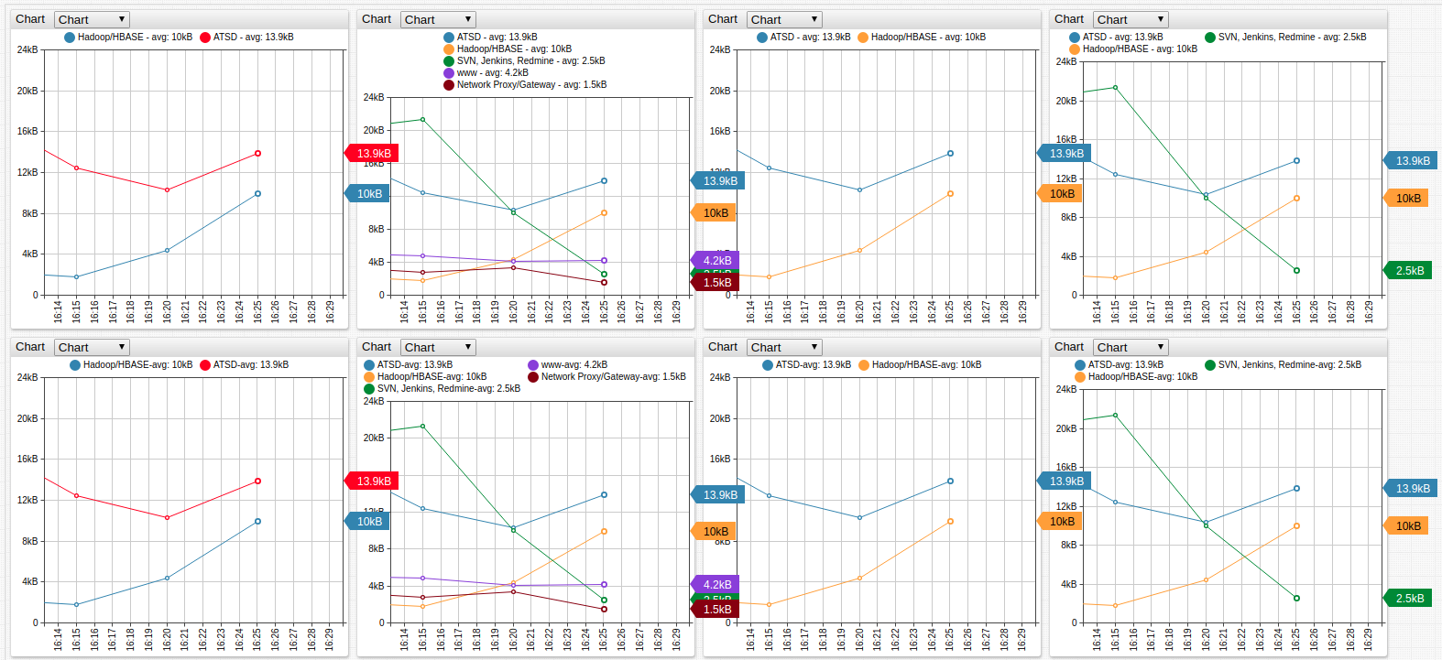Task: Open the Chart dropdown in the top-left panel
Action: click(92, 19)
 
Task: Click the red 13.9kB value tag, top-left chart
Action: click(373, 154)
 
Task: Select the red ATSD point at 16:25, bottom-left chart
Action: click(257, 481)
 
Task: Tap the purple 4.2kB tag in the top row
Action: click(716, 261)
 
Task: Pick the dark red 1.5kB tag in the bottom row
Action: click(716, 610)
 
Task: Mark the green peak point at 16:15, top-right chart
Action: click(1115, 88)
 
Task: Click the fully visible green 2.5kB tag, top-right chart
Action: click(1409, 271)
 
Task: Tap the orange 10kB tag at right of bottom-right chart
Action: click(1407, 526)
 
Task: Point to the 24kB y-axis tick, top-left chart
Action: click(27, 49)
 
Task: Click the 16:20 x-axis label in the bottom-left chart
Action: click(167, 640)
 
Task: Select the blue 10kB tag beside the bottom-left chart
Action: click(369, 522)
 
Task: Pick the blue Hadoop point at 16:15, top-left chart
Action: click(76, 277)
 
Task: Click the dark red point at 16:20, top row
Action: click(513, 267)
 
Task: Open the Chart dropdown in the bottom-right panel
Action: click(1131, 348)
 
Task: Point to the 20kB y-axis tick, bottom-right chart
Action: click(1066, 428)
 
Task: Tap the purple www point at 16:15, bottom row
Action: click(422, 579)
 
